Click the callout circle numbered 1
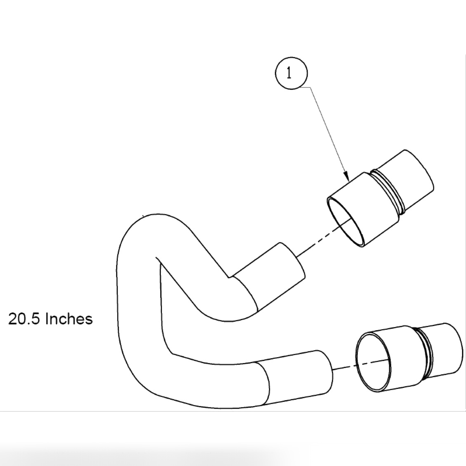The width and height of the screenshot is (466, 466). (291, 73)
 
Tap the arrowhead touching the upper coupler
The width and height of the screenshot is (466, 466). (347, 176)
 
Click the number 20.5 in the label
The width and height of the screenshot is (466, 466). (24, 319)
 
